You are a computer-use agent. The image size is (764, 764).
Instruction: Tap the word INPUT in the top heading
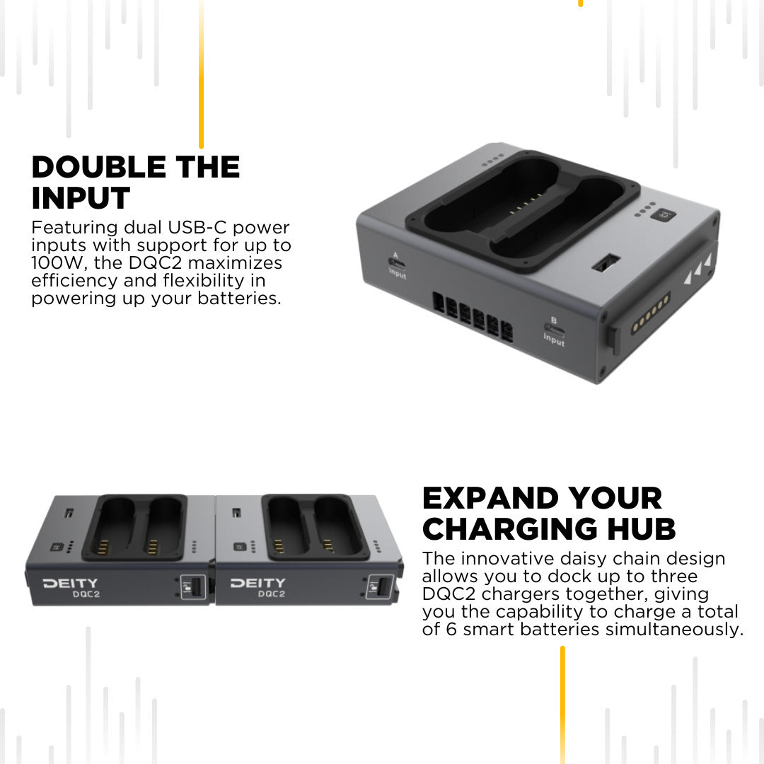click(81, 198)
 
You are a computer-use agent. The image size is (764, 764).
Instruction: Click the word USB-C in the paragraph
click(197, 228)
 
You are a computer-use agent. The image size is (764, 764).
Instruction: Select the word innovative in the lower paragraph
click(511, 559)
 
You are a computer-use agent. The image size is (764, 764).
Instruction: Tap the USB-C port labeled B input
click(554, 330)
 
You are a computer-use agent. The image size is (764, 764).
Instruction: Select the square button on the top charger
click(663, 215)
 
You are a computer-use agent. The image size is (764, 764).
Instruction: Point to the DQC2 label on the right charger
click(272, 594)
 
